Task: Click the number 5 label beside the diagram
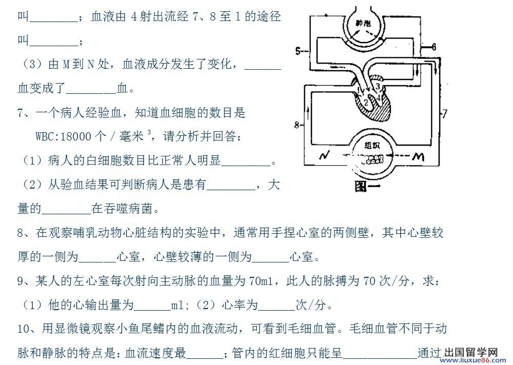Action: click(x=298, y=50)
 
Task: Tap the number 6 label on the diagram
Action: click(x=433, y=47)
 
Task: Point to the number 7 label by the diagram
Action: click(x=445, y=114)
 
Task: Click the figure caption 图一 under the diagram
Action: click(x=367, y=187)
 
